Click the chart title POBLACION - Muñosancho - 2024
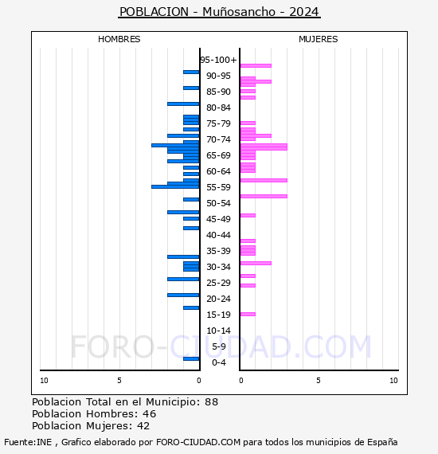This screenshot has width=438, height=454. coord(219,12)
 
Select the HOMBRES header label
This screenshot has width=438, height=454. coord(119,39)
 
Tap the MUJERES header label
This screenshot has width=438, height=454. coord(318,39)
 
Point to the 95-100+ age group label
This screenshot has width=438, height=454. coord(219,60)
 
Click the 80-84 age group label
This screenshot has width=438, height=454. coord(218,108)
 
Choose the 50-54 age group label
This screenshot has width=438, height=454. coord(218,203)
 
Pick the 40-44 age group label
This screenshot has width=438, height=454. coord(218,235)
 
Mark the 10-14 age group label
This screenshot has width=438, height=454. coord(218,331)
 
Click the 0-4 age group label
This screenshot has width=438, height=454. coord(219,362)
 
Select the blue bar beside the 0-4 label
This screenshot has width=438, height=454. coord(191,359)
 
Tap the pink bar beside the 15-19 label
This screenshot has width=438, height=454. coord(248,314)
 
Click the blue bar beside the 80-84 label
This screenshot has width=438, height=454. coord(183,104)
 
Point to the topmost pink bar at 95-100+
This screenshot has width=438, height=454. coord(256,65)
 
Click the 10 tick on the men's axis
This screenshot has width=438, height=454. coord(44,381)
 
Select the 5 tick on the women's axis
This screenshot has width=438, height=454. coord(318,381)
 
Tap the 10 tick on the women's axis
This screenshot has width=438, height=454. coord(393,381)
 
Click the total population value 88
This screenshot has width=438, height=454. coord(211,402)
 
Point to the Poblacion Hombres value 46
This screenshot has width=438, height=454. coord(149,414)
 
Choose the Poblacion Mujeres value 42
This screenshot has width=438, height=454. coord(143,426)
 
